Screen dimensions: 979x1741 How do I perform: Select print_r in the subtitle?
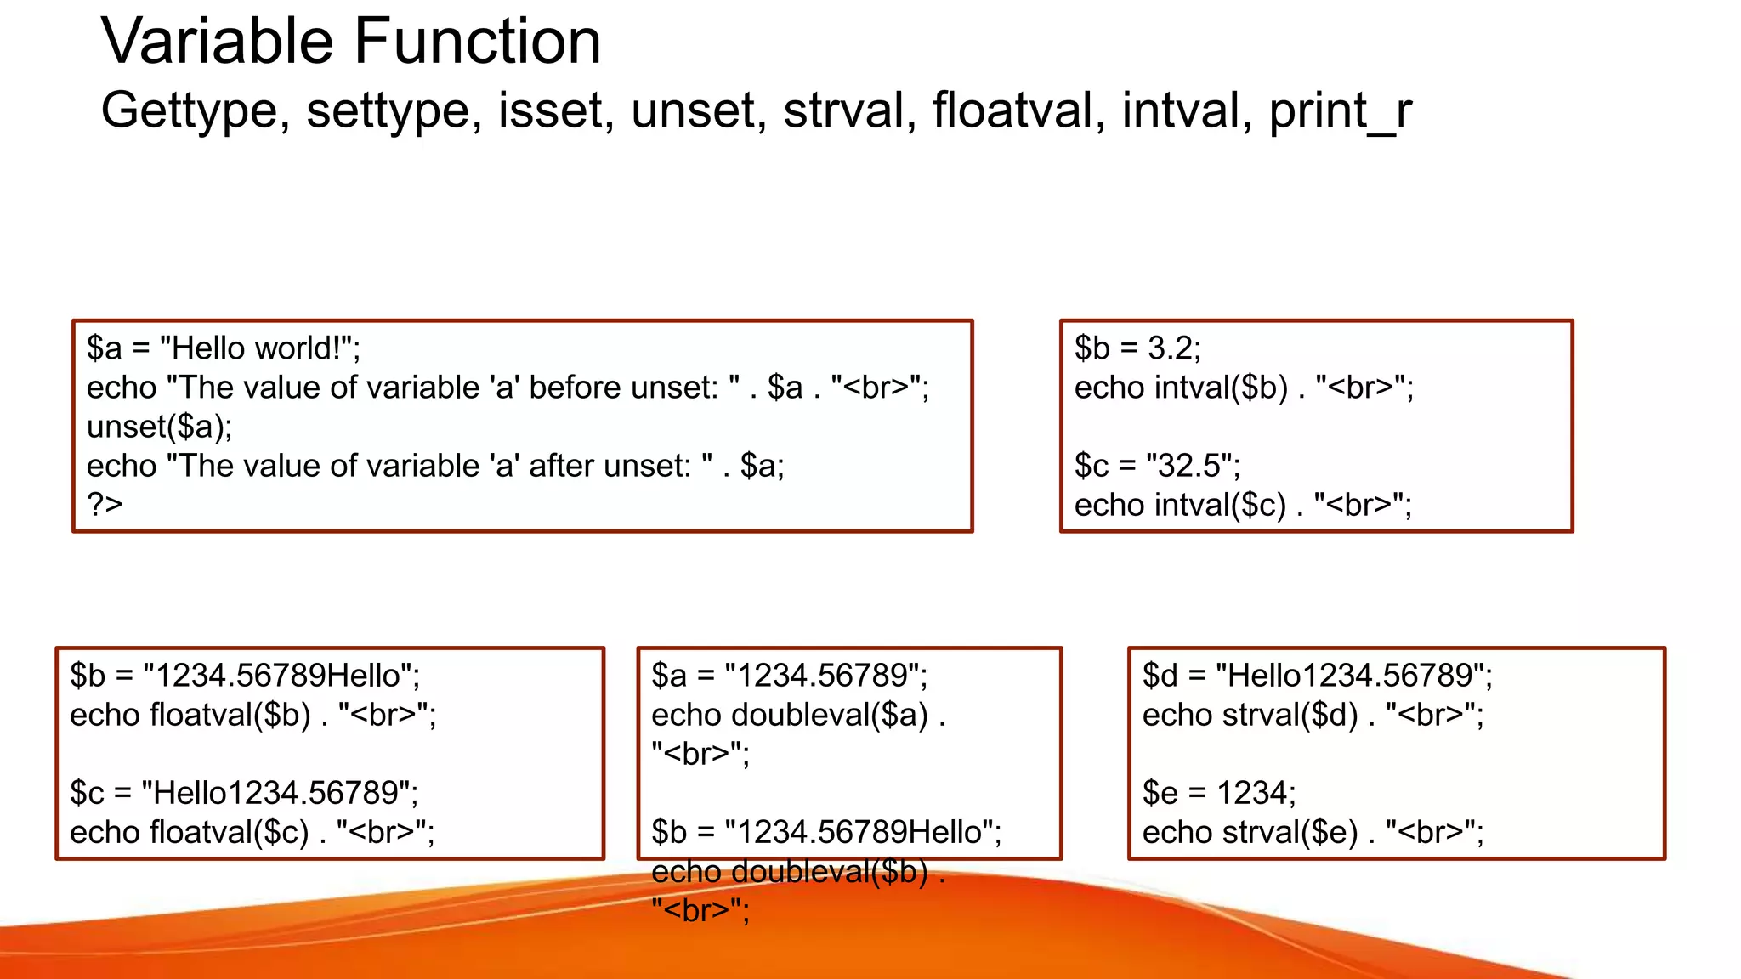(x=1340, y=111)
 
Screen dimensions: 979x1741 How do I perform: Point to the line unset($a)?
(x=159, y=427)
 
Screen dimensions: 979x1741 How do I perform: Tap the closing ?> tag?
(x=105, y=505)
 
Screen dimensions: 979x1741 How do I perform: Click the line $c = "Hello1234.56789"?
(x=244, y=793)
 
